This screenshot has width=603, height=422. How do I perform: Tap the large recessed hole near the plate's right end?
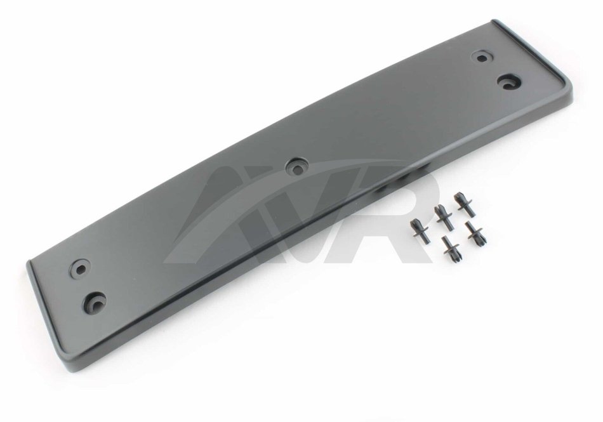pyautogui.click(x=509, y=82)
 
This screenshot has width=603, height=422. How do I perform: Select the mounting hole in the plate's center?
pyautogui.click(x=297, y=166)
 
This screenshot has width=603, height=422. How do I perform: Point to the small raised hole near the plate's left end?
pyautogui.click(x=81, y=268)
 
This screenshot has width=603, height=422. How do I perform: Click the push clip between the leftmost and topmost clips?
pyautogui.click(x=444, y=218)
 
